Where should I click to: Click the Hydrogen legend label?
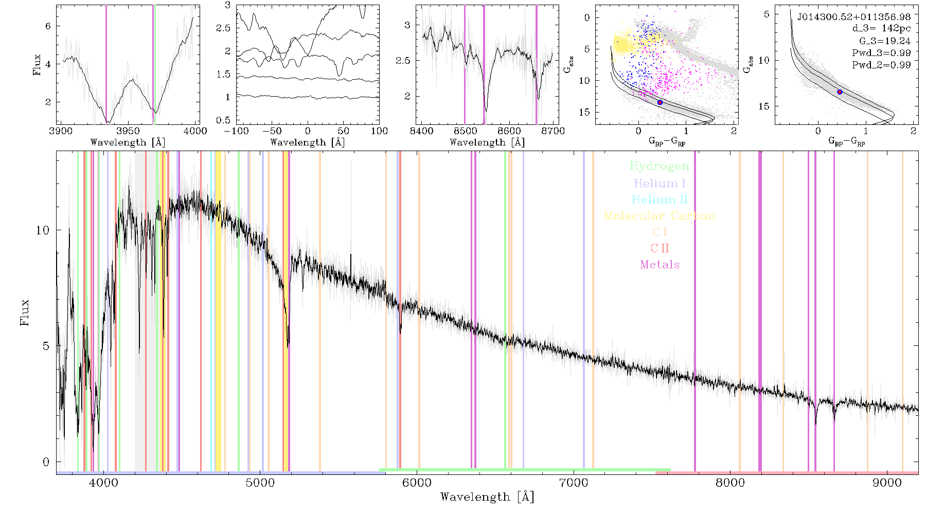point(659,166)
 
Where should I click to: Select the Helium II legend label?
point(660,199)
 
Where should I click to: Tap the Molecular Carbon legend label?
point(660,216)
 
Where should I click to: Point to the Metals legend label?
point(660,265)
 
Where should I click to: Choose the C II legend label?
point(660,248)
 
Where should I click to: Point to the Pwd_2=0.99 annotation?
point(881,65)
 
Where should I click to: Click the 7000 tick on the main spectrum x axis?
point(573,483)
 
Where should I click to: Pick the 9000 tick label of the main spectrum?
point(887,483)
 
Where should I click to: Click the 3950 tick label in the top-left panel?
point(128,131)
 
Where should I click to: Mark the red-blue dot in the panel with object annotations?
point(840,92)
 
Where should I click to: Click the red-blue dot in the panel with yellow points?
point(660,102)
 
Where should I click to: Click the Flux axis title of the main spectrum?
point(24,313)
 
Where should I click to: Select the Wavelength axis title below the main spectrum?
point(487,497)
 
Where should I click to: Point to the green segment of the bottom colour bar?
point(525,470)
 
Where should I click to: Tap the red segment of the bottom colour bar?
point(787,472)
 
